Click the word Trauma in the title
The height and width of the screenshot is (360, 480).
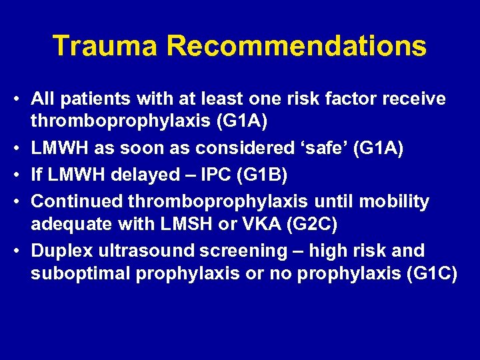pyautogui.click(x=105, y=46)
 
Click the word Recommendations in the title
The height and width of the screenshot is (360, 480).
pyautogui.click(x=297, y=46)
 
